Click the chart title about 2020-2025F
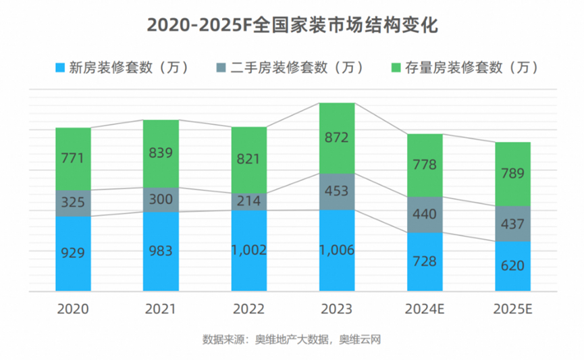[x=292, y=25]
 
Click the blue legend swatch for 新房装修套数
[x=59, y=68]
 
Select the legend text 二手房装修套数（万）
[x=296, y=68]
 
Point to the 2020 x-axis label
[x=73, y=309]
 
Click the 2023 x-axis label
[x=336, y=309]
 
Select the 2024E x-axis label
[x=425, y=309]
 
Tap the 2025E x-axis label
[x=512, y=309]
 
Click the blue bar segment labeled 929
[x=73, y=254]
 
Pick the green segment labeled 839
[x=161, y=153]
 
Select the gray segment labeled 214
[x=248, y=201]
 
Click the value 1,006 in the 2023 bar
[x=336, y=250]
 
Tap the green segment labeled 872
[x=336, y=138]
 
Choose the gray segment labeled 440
[x=425, y=215]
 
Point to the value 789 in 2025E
[x=512, y=174]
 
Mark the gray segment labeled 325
[x=73, y=203]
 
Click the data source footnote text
[x=292, y=339]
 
